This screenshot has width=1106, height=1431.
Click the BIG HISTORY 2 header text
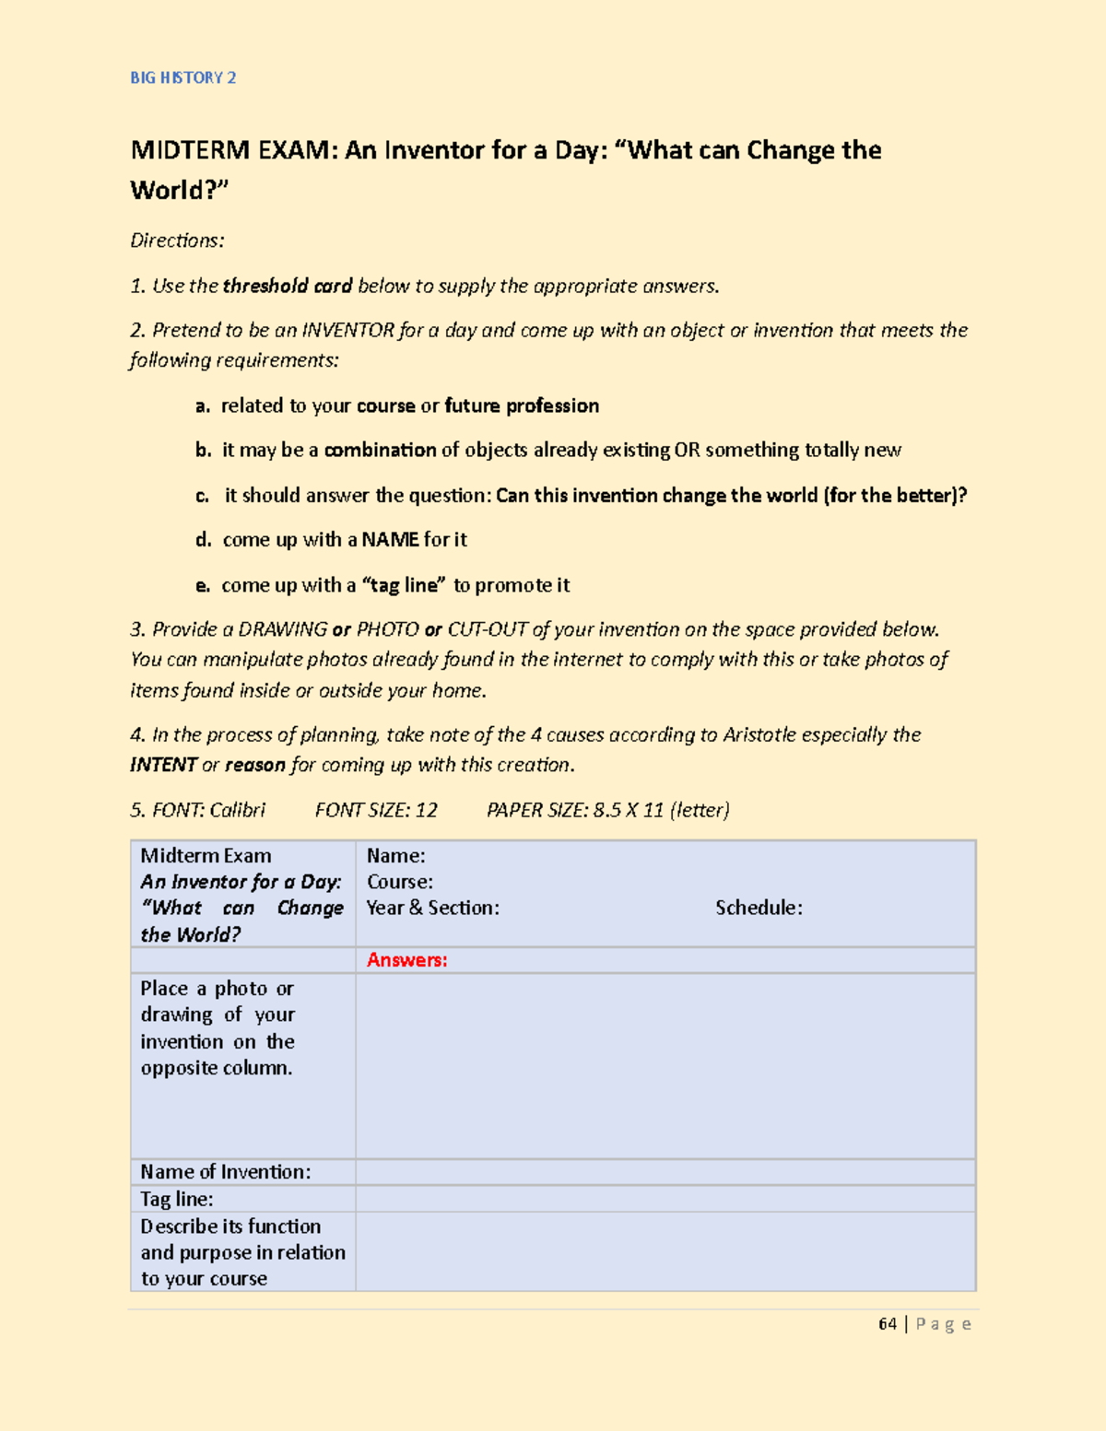click(182, 78)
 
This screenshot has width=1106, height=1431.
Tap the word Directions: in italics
click(177, 240)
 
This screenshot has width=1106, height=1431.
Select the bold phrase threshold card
click(288, 286)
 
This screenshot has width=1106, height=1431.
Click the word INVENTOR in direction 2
click(348, 330)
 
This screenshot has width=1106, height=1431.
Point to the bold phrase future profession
click(522, 405)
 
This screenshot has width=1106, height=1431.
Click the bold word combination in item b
click(380, 450)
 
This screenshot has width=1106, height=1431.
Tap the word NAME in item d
click(391, 539)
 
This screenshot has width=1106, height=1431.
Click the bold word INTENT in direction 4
click(163, 765)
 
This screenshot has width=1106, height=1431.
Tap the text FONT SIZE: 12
click(376, 810)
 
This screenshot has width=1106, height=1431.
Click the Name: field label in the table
click(395, 856)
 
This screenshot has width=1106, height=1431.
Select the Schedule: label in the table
click(759, 908)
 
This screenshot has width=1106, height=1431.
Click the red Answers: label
click(406, 960)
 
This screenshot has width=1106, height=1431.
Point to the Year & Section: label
click(432, 908)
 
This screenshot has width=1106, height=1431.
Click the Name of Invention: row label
click(225, 1172)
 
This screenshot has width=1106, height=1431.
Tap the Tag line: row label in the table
click(176, 1199)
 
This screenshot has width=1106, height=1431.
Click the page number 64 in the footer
click(887, 1324)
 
